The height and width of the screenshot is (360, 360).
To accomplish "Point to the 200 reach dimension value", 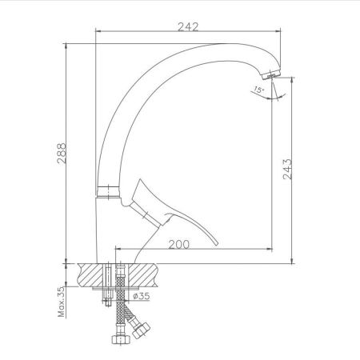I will [x=181, y=244].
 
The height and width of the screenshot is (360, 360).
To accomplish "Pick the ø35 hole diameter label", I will [x=142, y=296].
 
